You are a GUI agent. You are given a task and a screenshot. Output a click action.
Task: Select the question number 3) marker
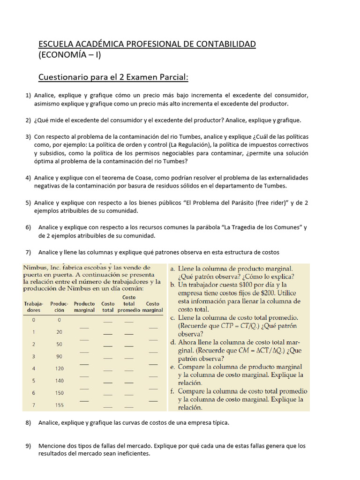pos(28,136)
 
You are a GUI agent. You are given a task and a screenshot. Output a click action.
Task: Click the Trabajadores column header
pos(33,307)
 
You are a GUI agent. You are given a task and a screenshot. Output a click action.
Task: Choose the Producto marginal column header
pos(84,307)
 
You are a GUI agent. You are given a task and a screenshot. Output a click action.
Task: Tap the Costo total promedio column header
pos(129,303)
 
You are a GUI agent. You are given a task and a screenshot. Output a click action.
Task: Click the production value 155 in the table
pos(59,405)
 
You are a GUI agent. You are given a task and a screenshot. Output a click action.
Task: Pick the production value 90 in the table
pos(59,356)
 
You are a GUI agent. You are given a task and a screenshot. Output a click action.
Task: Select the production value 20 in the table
pos(59,332)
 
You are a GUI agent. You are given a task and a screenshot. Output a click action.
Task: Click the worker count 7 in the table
pos(33,405)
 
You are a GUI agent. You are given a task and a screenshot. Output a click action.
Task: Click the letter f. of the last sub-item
pos(173,391)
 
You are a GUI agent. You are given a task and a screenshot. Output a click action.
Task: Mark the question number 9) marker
pos(28,446)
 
